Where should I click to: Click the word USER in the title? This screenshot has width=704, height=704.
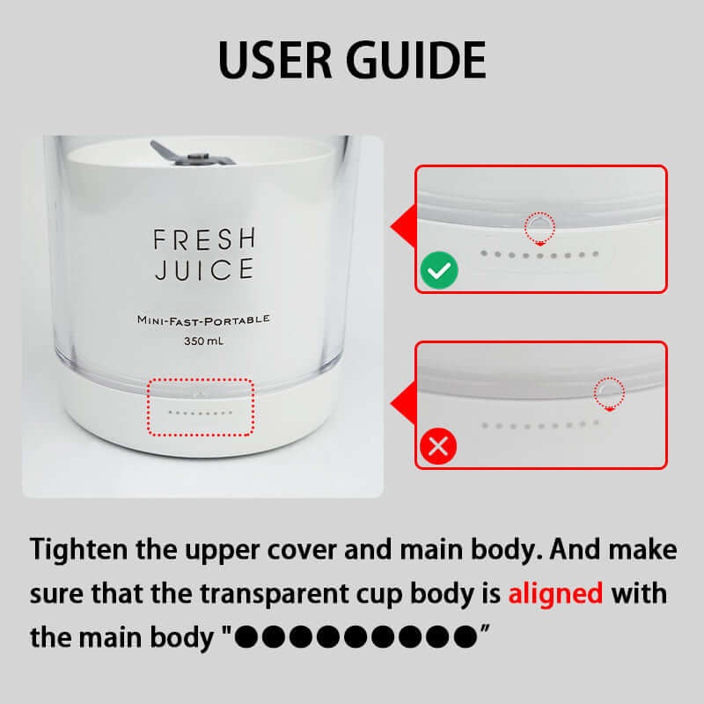[275, 60]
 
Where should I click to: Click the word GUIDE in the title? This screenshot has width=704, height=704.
[415, 60]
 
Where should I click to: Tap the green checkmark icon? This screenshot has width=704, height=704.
[438, 270]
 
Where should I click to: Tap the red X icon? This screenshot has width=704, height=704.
[438, 446]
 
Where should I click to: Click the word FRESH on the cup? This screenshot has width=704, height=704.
[204, 238]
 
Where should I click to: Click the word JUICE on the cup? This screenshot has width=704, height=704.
[204, 269]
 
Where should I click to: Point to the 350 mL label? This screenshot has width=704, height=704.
[203, 341]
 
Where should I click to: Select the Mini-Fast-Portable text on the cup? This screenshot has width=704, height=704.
[203, 319]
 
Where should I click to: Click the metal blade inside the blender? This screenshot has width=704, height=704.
[191, 155]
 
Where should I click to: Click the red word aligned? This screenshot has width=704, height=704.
[555, 593]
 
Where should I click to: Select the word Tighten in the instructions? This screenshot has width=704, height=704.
[78, 550]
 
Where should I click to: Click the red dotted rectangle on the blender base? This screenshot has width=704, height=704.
[201, 379]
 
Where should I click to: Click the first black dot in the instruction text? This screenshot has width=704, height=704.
[246, 636]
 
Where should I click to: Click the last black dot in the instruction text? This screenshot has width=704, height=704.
[466, 636]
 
